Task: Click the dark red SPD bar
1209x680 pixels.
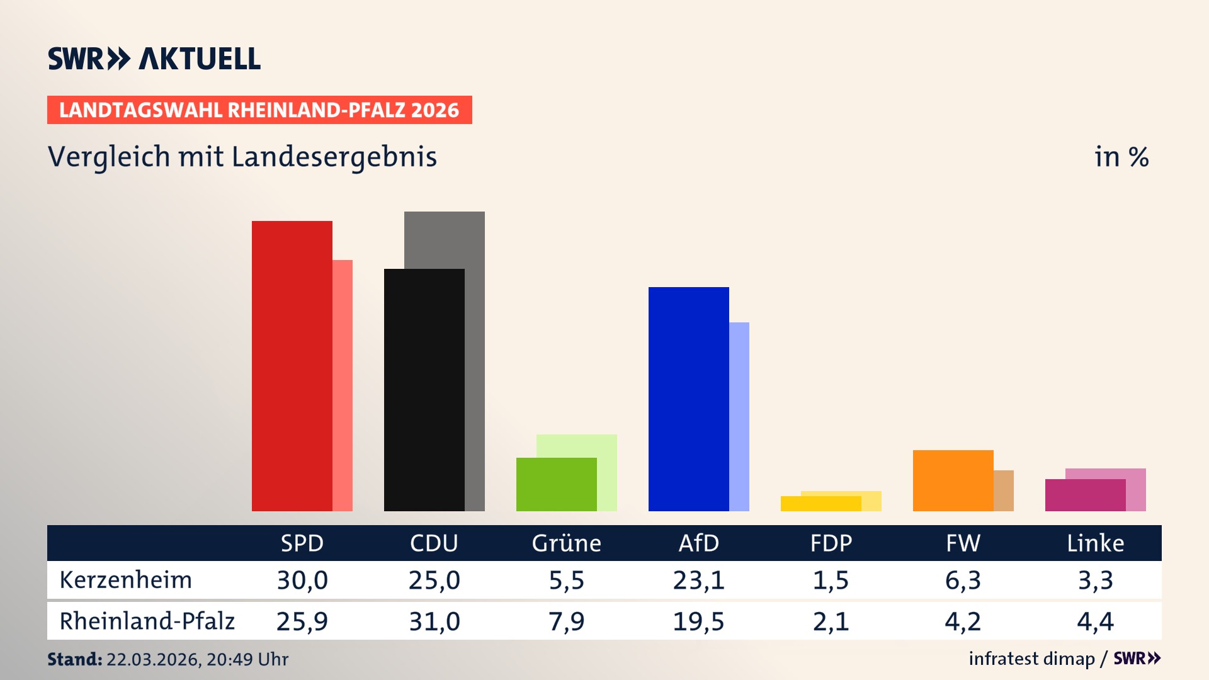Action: click(292, 365)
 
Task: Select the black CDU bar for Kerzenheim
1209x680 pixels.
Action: click(424, 390)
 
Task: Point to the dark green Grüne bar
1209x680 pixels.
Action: click(556, 484)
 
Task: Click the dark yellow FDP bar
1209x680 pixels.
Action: click(820, 504)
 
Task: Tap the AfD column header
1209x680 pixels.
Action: click(698, 543)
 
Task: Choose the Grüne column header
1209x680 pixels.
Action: click(566, 543)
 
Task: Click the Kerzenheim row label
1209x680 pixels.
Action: click(126, 580)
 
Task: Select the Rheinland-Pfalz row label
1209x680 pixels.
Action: click(147, 621)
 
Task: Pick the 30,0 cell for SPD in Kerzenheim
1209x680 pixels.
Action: click(302, 580)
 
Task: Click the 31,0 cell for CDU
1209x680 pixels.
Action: click(434, 621)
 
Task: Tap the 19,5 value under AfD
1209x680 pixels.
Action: click(698, 621)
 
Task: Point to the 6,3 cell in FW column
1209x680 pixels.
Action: click(963, 580)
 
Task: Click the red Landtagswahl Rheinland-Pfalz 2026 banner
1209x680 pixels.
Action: click(259, 110)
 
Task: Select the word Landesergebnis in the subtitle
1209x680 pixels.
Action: click(334, 157)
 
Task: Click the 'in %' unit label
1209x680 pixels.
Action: click(1121, 157)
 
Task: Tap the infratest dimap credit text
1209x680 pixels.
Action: click(1031, 659)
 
